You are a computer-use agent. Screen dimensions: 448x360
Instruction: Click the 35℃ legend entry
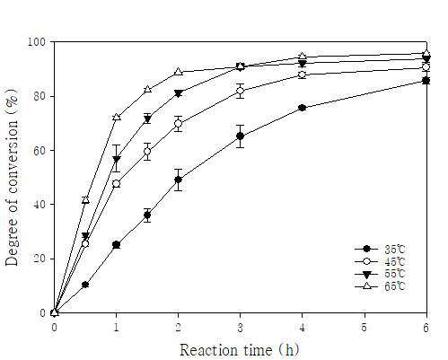[380, 249]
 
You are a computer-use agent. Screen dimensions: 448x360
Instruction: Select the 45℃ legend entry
[380, 261]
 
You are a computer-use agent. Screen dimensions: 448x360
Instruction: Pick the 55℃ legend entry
[380, 274]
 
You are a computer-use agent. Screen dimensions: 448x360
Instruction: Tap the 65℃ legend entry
[380, 286]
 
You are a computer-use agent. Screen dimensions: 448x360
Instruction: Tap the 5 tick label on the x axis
[365, 328]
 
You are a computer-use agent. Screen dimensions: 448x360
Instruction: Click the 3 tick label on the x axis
[240, 328]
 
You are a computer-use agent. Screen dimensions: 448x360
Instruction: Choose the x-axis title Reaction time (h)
[240, 349]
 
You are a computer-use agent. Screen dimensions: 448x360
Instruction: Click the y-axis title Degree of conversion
[13, 178]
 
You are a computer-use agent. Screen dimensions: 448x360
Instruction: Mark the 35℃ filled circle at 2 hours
[178, 180]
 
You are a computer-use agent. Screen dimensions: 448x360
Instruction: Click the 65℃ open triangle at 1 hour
[117, 117]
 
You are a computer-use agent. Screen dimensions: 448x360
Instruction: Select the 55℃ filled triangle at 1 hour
[117, 159]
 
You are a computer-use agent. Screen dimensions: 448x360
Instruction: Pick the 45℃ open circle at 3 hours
[240, 91]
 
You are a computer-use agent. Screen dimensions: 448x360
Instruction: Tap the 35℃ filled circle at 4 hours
[303, 108]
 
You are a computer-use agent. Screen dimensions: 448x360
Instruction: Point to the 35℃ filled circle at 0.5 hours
[85, 285]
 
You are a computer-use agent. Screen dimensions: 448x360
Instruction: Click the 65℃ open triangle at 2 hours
[178, 72]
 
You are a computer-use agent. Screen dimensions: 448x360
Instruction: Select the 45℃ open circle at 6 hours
[426, 67]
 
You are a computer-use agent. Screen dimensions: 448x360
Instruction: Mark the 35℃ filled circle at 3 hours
[240, 136]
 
